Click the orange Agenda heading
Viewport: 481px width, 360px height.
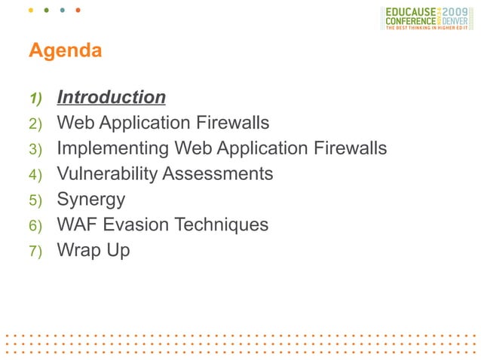(65, 51)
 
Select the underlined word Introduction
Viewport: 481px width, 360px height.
(112, 98)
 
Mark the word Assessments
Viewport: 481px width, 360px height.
(218, 174)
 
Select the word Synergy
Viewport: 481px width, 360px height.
(91, 200)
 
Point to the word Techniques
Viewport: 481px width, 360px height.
(225, 224)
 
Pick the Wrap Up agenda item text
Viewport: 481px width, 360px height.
(93, 250)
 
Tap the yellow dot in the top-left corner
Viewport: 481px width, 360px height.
(31, 11)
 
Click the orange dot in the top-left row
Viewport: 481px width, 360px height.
(78, 11)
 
